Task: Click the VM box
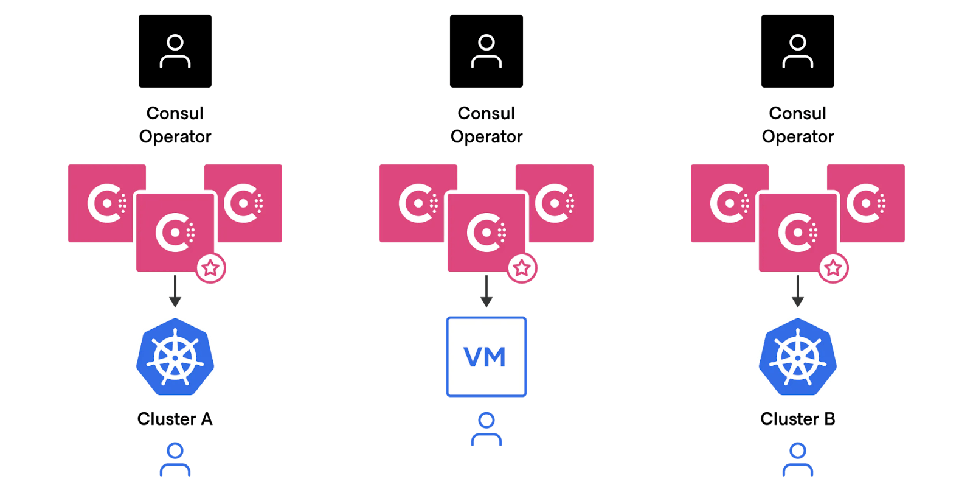tap(486, 357)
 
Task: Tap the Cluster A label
tap(175, 419)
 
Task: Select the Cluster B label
tap(797, 419)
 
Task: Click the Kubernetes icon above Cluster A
tap(175, 357)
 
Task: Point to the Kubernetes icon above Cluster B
tap(797, 357)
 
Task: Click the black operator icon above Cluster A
tap(175, 51)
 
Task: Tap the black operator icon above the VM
tap(486, 51)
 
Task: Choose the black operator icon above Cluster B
tap(797, 51)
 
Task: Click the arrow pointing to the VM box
tap(486, 292)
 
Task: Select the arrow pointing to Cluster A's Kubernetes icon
tap(175, 292)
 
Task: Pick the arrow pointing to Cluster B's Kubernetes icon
tap(797, 292)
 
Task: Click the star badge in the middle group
tap(522, 268)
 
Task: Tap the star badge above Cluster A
tap(210, 268)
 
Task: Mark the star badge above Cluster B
tap(833, 268)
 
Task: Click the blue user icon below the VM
tap(486, 429)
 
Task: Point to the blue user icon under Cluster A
tap(175, 460)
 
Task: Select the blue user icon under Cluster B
tap(797, 460)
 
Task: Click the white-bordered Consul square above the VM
tap(486, 232)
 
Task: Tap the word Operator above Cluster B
tap(797, 136)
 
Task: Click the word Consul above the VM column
tap(486, 113)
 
